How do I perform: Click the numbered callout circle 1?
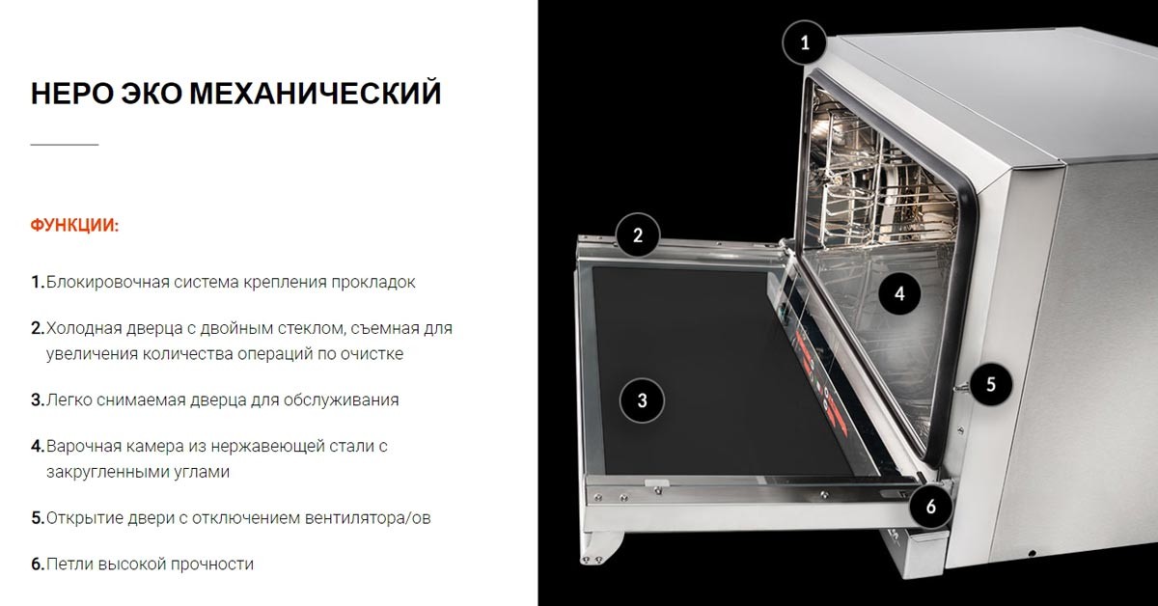pos(805,42)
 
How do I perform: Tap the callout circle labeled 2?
pos(638,235)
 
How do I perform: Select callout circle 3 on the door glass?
pos(642,400)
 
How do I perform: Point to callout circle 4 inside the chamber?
pos(899,293)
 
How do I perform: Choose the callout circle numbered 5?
pos(990,384)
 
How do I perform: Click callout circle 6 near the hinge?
pos(930,507)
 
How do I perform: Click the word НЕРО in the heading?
pos(71,94)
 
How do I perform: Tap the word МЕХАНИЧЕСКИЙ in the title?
pos(316,94)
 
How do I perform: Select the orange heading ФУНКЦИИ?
pos(75,226)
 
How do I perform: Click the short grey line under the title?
pos(65,145)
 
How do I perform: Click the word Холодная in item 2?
pos(84,328)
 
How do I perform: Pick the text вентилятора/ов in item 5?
pos(368,518)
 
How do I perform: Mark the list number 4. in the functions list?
pos(38,446)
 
